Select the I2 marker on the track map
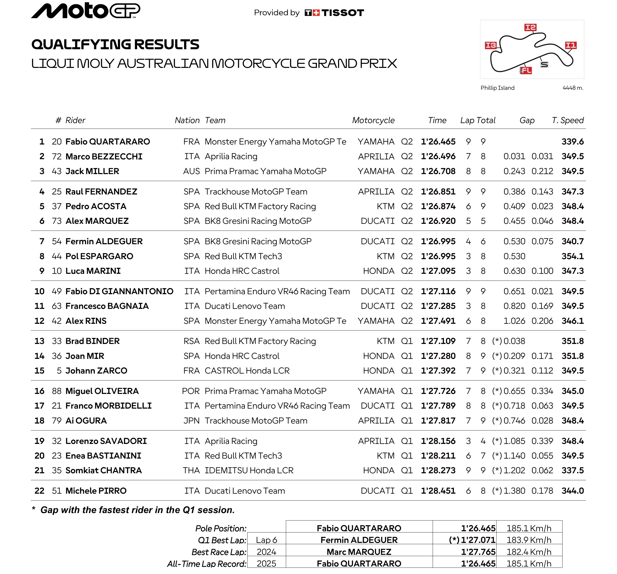point(530,27)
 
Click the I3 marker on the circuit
point(491,45)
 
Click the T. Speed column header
point(568,120)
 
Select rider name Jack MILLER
point(92,171)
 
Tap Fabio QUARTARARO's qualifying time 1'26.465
point(438,142)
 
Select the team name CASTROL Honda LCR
point(247,371)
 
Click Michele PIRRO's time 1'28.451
point(438,491)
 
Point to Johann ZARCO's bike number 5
point(59,371)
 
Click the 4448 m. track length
point(573,88)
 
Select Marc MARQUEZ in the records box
point(359,552)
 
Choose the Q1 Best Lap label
point(222,540)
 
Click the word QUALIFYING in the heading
point(82,44)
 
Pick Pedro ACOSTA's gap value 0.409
point(514,206)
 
